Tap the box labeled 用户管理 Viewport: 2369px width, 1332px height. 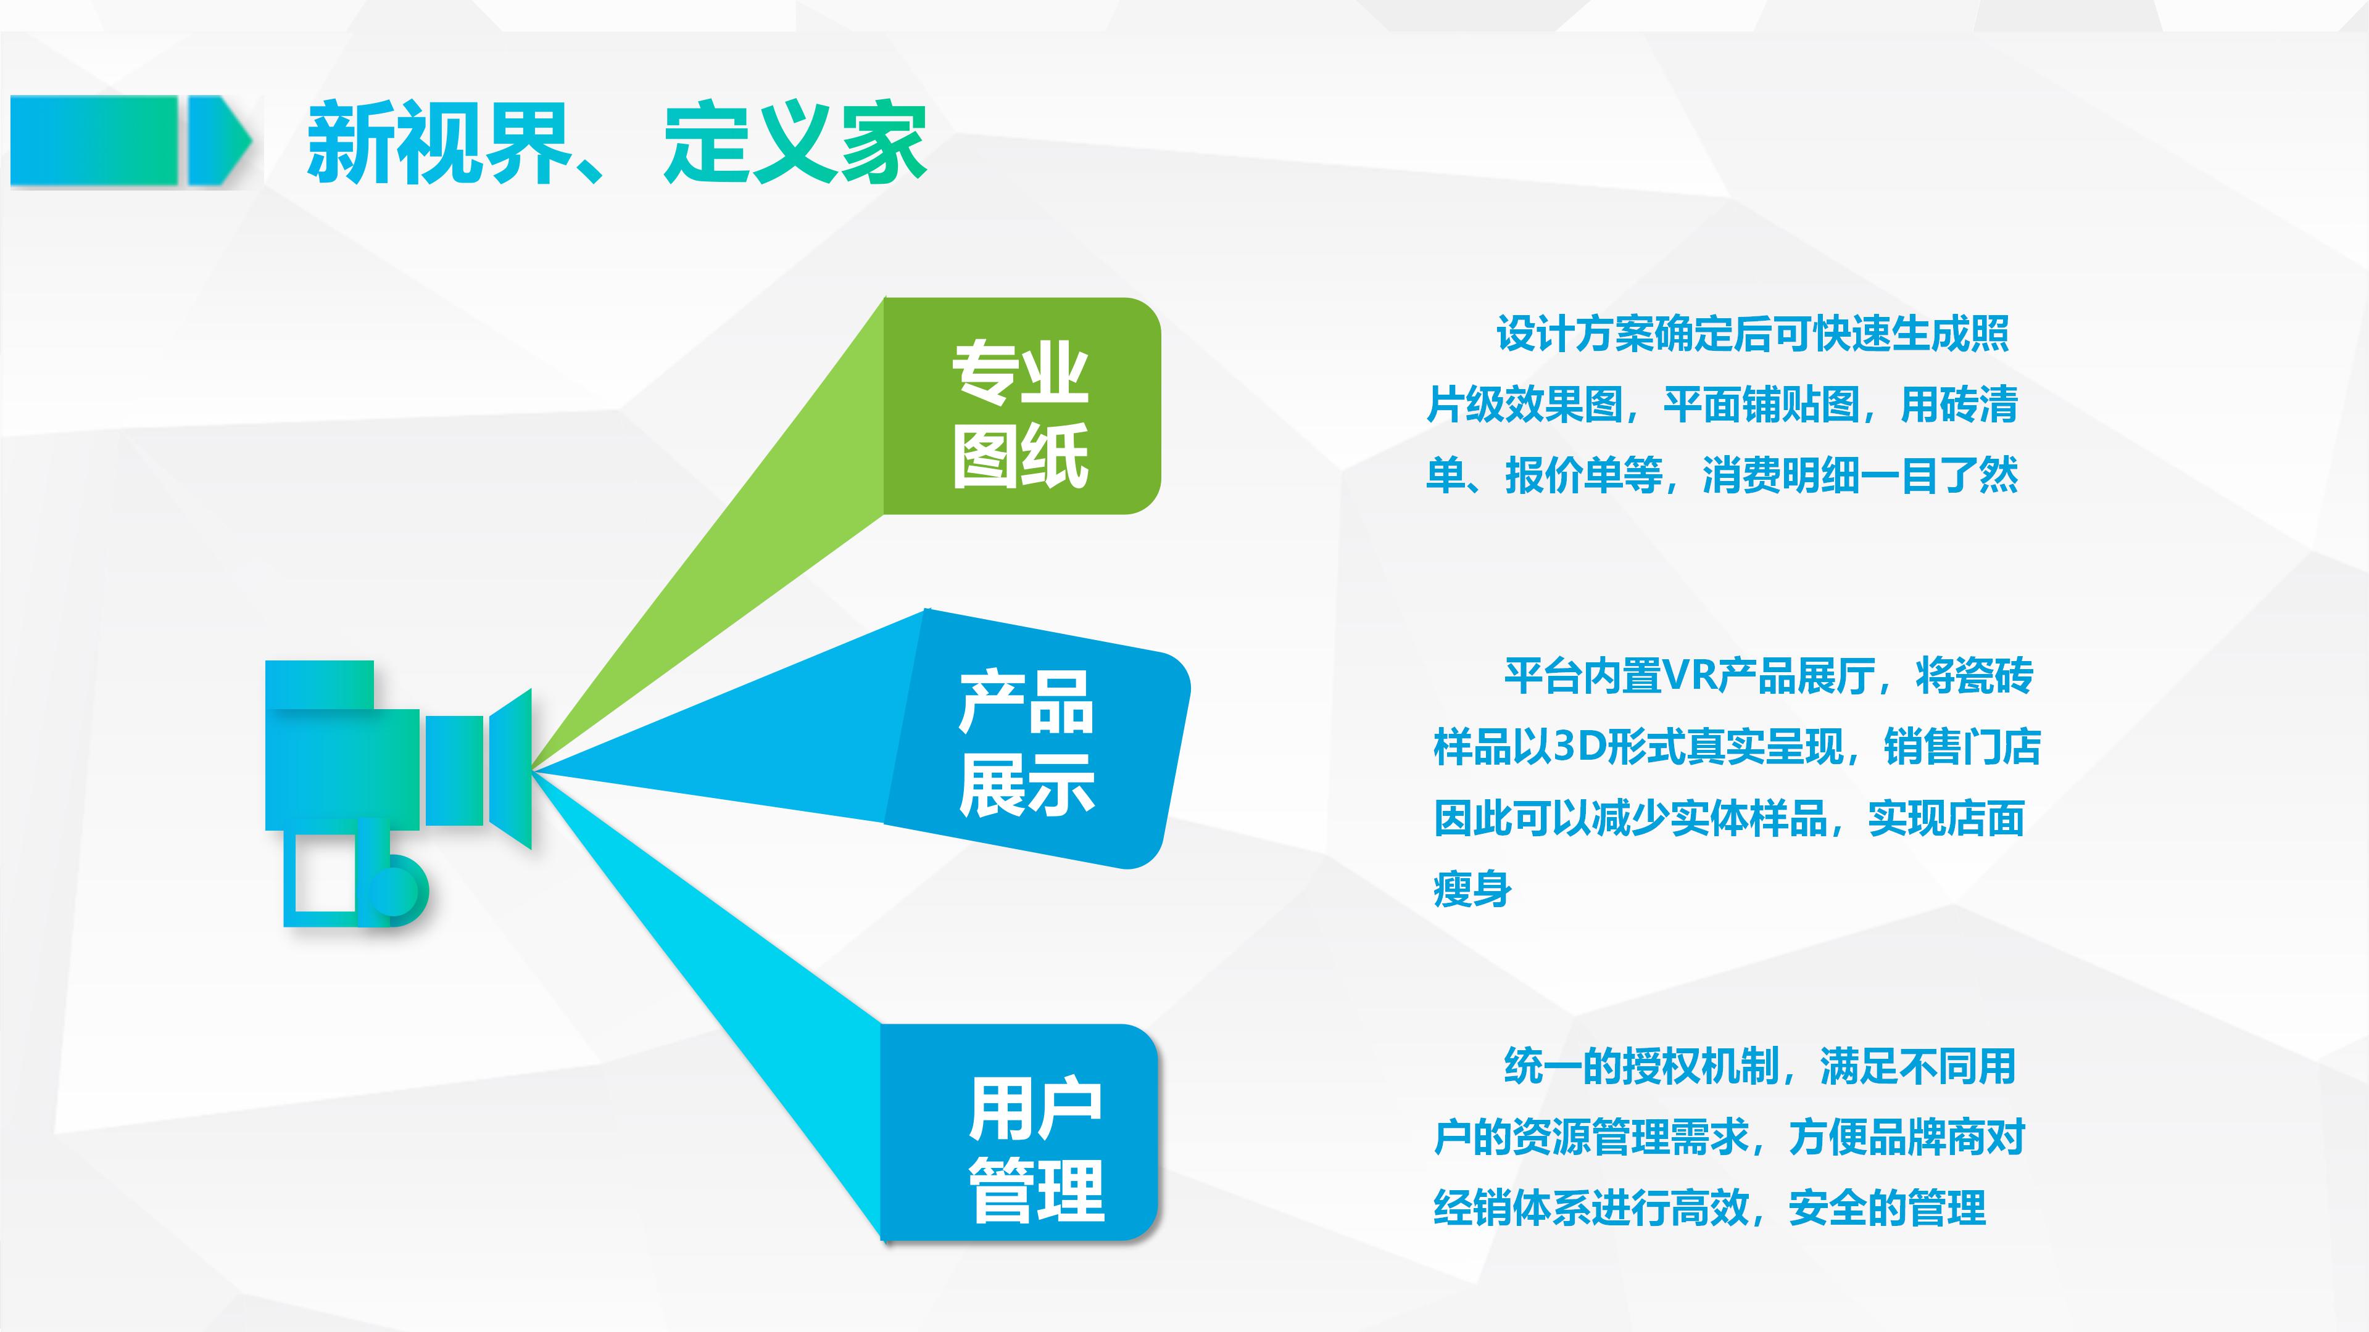point(1019,1133)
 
